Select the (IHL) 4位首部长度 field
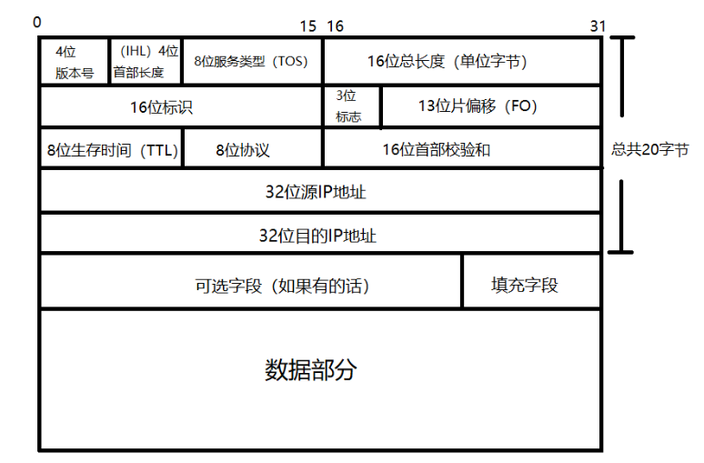(x=146, y=62)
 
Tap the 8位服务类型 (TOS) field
(x=252, y=62)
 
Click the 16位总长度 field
(x=461, y=62)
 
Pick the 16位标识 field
(x=181, y=106)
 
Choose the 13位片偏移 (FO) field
(x=490, y=106)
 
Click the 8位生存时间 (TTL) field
(x=112, y=149)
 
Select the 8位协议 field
(x=252, y=149)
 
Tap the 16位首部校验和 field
(x=461, y=149)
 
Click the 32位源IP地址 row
(x=320, y=192)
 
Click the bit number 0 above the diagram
(x=37, y=20)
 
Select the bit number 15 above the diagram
(x=307, y=25)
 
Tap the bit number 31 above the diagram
(x=597, y=25)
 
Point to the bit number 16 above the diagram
(x=335, y=25)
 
